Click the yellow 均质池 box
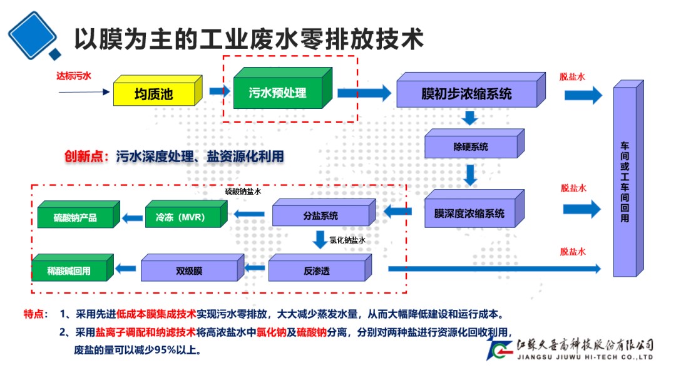(154, 95)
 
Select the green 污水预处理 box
(278, 93)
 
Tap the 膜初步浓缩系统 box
(467, 94)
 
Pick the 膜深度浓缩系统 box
(469, 213)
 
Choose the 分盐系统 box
(320, 215)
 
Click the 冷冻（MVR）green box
(185, 217)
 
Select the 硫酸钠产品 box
(75, 218)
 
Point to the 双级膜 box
(189, 271)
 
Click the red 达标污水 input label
(74, 76)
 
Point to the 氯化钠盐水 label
(347, 240)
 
